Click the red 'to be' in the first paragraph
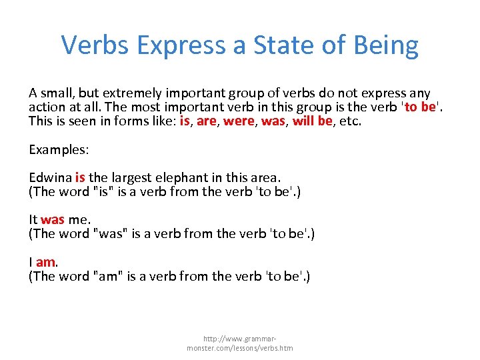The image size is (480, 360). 420,107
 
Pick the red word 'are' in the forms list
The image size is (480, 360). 207,121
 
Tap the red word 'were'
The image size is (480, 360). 238,121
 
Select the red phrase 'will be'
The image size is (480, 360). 313,121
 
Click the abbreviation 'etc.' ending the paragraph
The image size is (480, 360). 350,121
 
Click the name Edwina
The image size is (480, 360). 50,177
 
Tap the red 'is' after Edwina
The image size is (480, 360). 80,177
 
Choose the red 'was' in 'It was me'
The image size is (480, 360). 53,219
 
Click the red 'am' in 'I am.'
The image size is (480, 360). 45,262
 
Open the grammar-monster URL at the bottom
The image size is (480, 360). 239,343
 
